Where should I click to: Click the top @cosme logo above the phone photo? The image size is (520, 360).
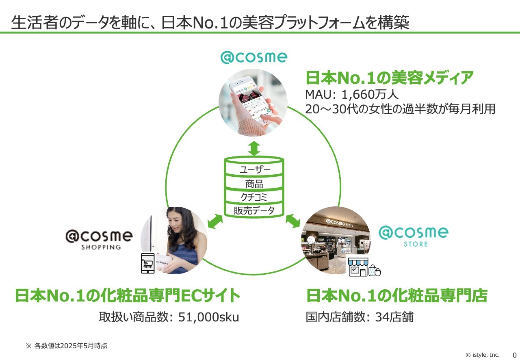(x=254, y=57)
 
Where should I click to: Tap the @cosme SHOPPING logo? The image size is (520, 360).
(x=99, y=240)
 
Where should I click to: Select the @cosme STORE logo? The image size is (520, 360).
(x=414, y=236)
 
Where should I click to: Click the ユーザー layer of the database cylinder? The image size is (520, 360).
(x=254, y=169)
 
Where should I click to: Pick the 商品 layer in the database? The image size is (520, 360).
(x=254, y=184)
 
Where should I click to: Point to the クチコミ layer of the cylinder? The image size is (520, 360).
(x=254, y=197)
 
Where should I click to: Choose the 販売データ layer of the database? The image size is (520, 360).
(x=254, y=210)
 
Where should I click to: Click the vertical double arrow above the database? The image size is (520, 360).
(x=254, y=148)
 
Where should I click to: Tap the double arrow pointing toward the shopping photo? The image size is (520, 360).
(x=215, y=221)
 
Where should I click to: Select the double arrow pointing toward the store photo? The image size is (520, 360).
(x=293, y=221)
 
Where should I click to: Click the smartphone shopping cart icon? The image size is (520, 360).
(x=148, y=263)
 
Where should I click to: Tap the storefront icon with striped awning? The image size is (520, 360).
(x=358, y=267)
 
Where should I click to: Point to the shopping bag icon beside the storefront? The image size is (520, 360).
(x=375, y=271)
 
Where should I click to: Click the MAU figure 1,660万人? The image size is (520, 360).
(x=370, y=95)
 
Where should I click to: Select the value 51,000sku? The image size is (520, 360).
(x=208, y=317)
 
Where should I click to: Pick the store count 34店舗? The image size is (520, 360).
(x=394, y=317)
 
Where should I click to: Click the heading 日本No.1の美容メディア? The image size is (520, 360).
(x=389, y=78)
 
